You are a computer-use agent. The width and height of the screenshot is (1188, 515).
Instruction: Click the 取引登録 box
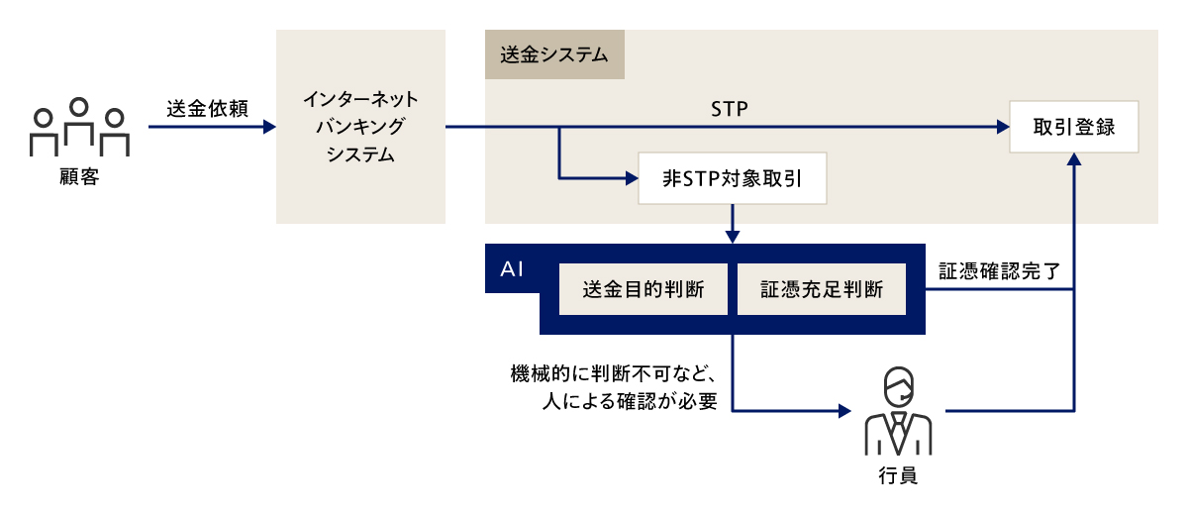tap(1074, 127)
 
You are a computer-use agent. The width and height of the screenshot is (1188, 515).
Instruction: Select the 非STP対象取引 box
tap(732, 179)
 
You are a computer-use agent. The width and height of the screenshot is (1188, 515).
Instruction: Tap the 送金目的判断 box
tap(643, 289)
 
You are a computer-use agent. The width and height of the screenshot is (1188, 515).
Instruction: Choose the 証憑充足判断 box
tap(821, 289)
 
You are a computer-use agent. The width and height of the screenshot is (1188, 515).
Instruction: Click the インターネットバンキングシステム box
tap(360, 127)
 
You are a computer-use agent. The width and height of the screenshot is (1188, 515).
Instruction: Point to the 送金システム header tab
tap(554, 54)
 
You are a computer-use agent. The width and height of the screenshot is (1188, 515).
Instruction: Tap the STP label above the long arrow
tap(729, 108)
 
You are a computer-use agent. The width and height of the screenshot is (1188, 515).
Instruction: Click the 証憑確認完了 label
tap(999, 270)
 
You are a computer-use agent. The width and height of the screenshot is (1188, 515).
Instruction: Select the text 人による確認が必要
tap(630, 402)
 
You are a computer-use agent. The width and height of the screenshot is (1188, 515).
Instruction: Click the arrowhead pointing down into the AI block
tap(732, 237)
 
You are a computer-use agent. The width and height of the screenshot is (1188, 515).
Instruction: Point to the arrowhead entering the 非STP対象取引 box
tap(631, 179)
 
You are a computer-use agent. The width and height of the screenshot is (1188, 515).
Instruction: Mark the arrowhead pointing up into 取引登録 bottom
tap(1074, 160)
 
